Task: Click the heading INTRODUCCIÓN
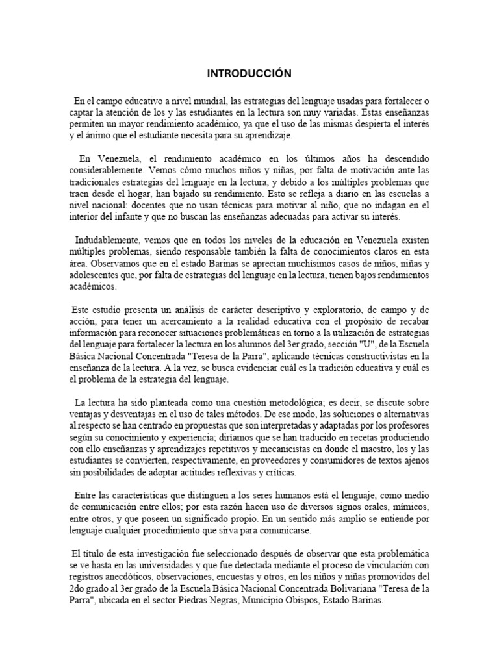(x=249, y=74)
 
